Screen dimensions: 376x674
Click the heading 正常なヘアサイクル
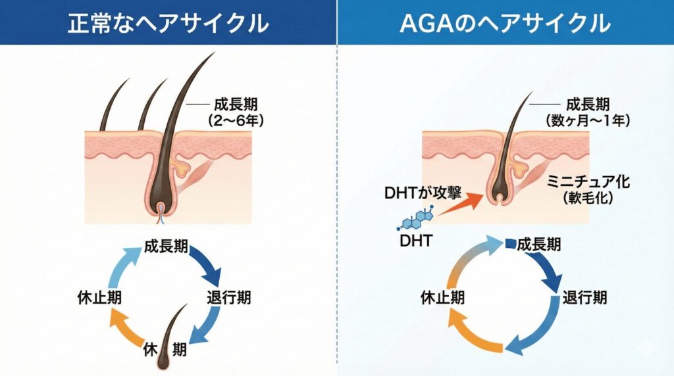point(168,24)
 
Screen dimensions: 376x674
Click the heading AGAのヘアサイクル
point(505,24)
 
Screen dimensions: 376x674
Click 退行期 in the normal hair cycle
point(228,298)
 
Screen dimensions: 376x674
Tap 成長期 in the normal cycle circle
point(167,248)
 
